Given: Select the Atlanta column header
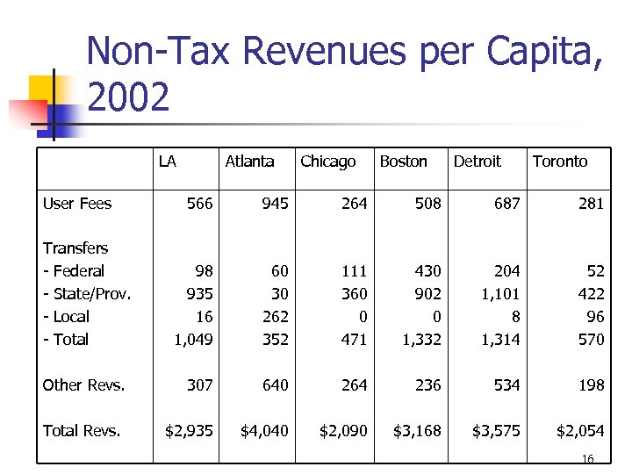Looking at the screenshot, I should [x=249, y=162].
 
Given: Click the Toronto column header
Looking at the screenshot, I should [x=560, y=162].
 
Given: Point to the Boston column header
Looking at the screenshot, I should [x=403, y=162].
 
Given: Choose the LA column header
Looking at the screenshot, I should [x=167, y=162].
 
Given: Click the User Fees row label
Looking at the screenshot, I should [x=77, y=204].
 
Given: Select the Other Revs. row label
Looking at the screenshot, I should [x=83, y=384].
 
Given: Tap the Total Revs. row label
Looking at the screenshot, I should [x=82, y=430].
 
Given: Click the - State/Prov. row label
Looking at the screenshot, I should [x=87, y=294].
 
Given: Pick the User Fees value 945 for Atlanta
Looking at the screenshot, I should [x=275, y=204].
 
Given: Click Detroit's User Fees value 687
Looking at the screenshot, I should [x=506, y=204].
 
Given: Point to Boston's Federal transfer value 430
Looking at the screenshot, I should [x=427, y=271].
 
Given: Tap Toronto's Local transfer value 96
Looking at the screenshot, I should [x=595, y=317].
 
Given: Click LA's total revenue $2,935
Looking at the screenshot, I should [x=190, y=430].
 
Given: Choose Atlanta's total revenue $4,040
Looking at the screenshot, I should [x=265, y=430].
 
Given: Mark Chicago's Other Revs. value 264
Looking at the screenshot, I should [x=354, y=384].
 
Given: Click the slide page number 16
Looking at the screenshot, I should [x=588, y=459].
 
